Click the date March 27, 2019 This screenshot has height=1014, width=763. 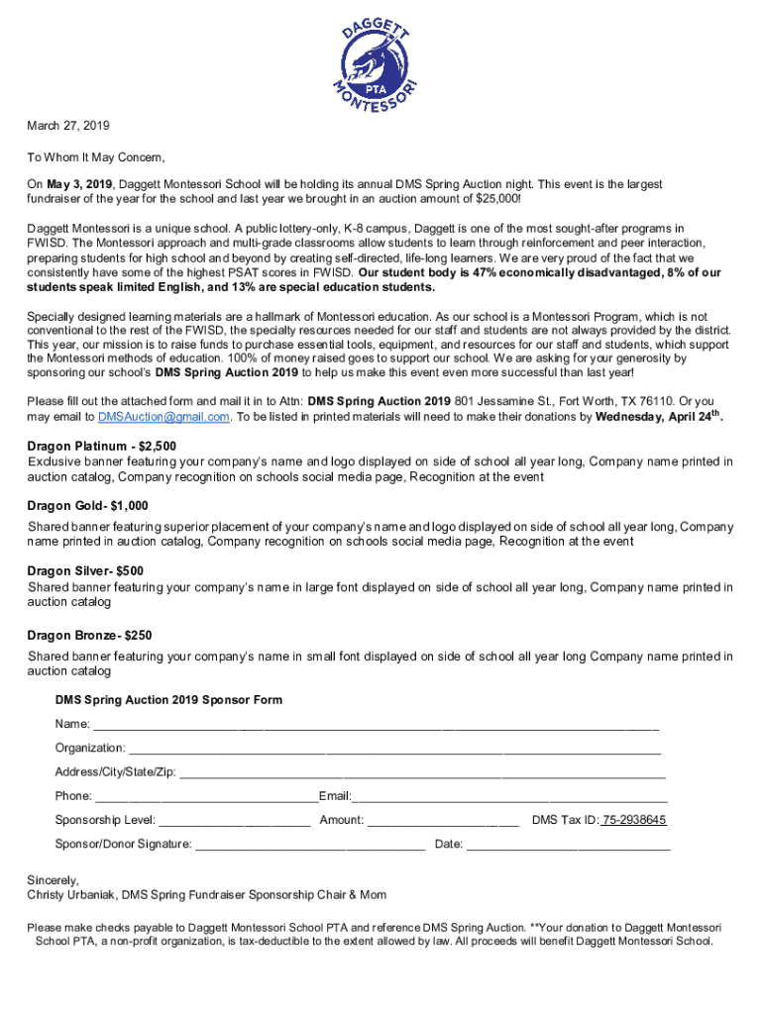click(68, 127)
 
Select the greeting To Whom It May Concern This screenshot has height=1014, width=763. click(96, 157)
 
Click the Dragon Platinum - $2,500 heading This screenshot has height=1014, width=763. click(102, 447)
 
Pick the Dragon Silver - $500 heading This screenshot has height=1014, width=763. click(85, 571)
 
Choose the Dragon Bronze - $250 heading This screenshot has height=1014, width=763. click(89, 636)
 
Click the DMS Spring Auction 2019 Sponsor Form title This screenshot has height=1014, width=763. click(168, 700)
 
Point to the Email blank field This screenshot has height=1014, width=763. click(510, 798)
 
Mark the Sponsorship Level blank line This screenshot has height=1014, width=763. click(235, 822)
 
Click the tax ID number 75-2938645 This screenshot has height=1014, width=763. click(634, 820)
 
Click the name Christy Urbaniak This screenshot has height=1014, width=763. click(71, 895)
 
